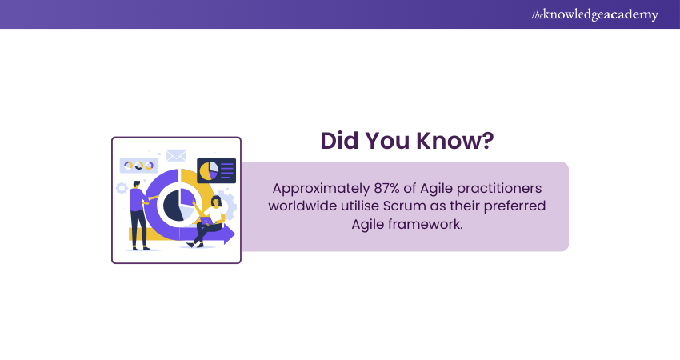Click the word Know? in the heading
(x=455, y=141)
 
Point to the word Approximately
(x=321, y=189)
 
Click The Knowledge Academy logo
(x=594, y=14)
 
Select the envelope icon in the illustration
(x=177, y=155)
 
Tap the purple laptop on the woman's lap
(x=206, y=221)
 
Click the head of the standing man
(x=137, y=184)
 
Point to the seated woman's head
(x=216, y=202)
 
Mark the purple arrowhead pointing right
(x=230, y=234)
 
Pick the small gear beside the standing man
(x=122, y=188)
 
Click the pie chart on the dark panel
(x=209, y=171)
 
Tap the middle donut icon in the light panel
(x=138, y=166)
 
